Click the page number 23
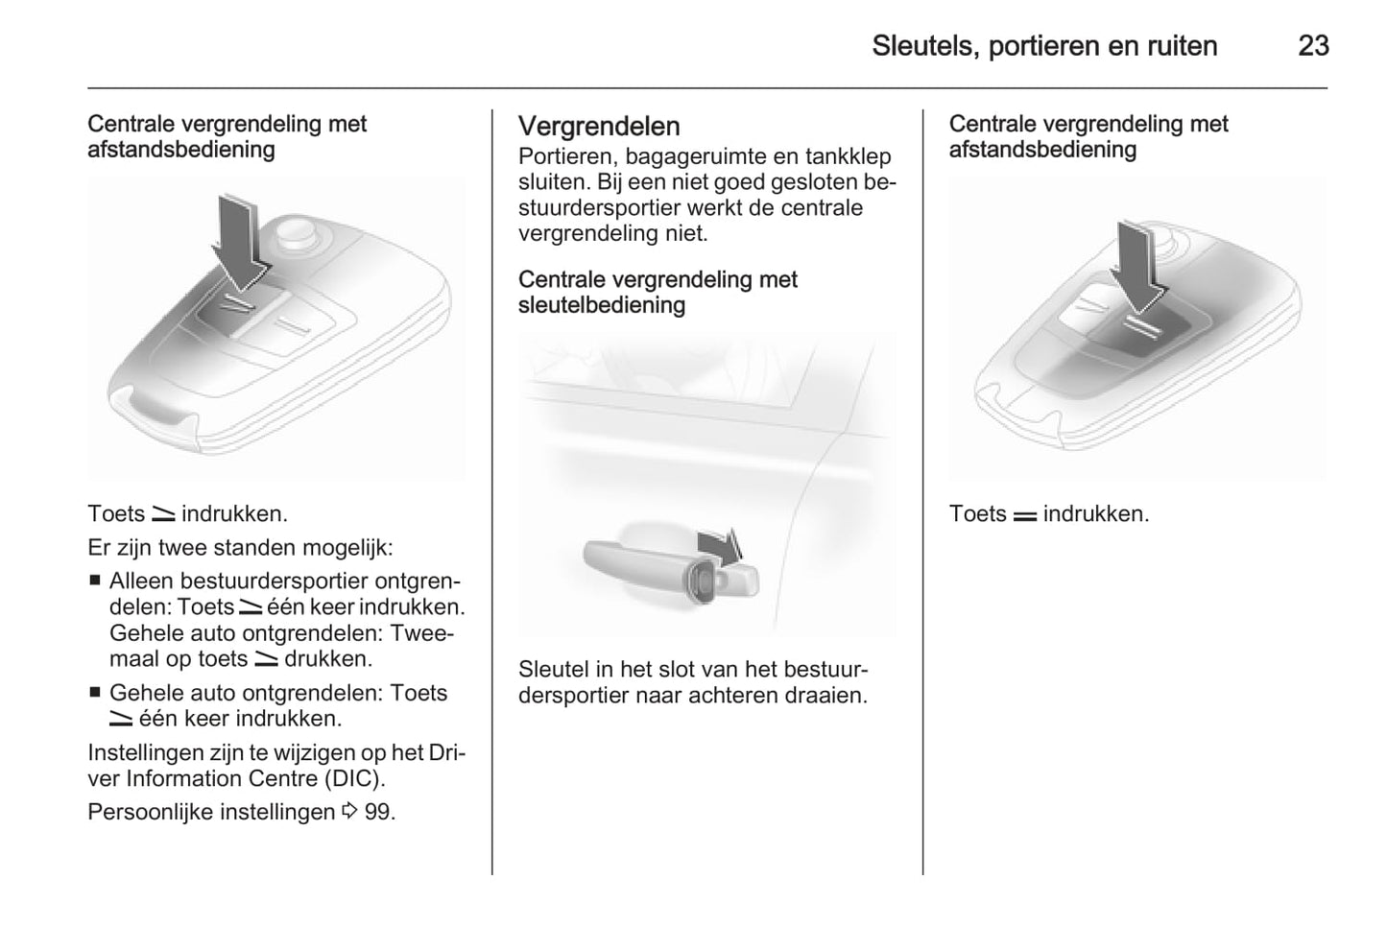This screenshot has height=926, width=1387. (1312, 45)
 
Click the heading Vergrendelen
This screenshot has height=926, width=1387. (599, 127)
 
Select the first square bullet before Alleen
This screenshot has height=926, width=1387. (94, 581)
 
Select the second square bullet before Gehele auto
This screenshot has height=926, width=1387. (94, 692)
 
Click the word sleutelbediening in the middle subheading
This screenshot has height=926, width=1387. (602, 305)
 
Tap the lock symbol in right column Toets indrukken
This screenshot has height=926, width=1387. (1024, 515)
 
